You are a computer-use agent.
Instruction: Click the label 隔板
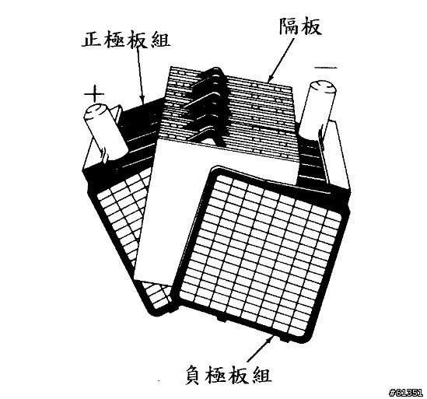[300, 26]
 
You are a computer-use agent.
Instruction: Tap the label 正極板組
[126, 39]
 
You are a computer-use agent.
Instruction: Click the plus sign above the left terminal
[94, 94]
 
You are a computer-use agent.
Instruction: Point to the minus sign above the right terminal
[326, 68]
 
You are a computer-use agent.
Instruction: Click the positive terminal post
[106, 131]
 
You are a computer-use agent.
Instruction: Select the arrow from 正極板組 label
[141, 76]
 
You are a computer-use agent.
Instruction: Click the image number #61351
[407, 393]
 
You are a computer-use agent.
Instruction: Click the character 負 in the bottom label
[194, 374]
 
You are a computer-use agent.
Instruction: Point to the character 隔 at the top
[289, 26]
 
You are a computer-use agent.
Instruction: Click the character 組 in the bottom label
[261, 374]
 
